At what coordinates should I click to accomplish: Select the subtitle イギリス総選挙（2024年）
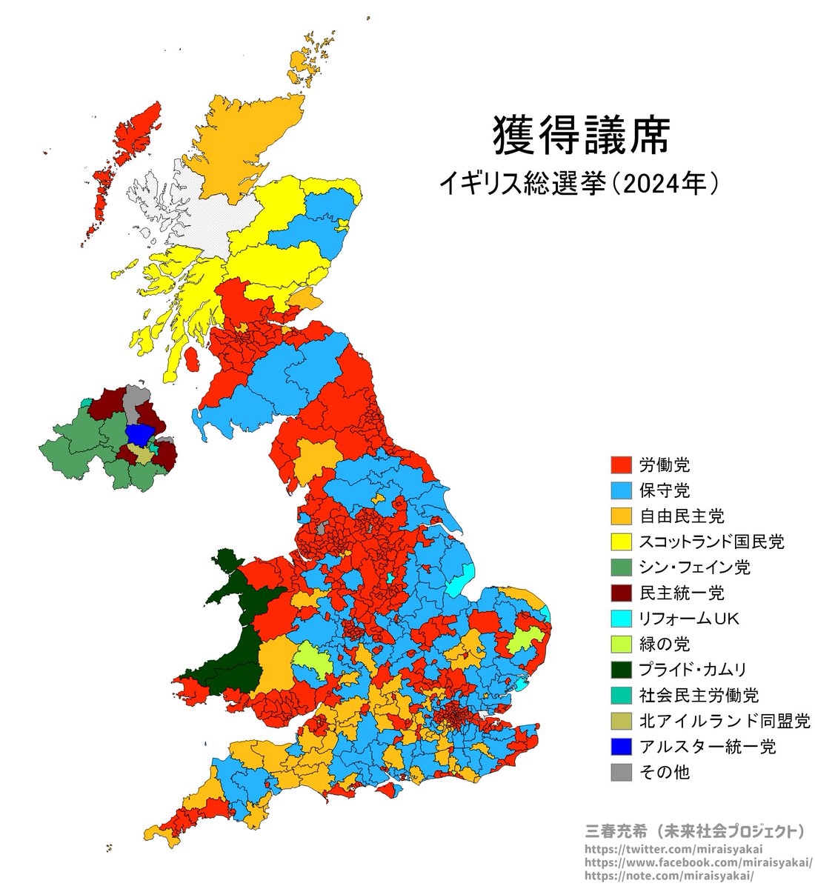[x=578, y=183]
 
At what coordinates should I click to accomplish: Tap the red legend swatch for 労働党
[x=621, y=465]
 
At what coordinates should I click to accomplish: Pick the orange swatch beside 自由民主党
[x=621, y=516]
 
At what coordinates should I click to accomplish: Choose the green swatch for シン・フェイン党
[x=621, y=567]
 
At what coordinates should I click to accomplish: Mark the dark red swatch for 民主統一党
[x=621, y=593]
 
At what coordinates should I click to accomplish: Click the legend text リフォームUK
[x=689, y=619]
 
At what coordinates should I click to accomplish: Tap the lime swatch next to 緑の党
[x=621, y=644]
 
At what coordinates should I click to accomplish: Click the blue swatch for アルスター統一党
[x=621, y=746]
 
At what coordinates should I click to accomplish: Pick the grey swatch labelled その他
[x=621, y=772]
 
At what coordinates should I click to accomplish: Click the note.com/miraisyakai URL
[x=669, y=876]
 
